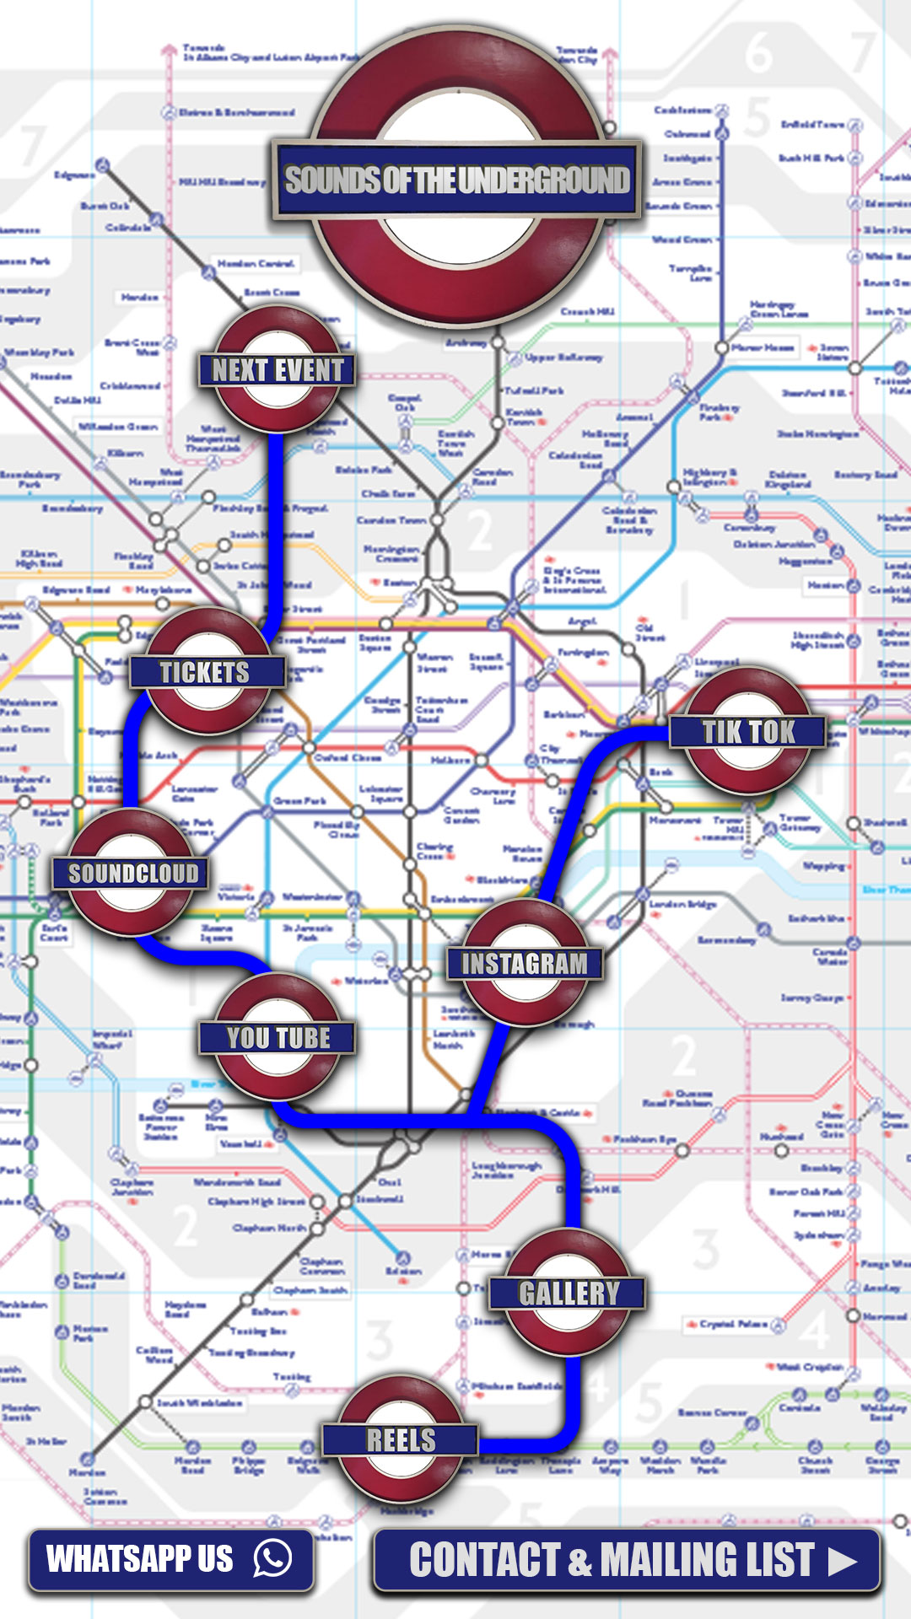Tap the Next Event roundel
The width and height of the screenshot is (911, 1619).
(x=278, y=370)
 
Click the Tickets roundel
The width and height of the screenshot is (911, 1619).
(x=206, y=672)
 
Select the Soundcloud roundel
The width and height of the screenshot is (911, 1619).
(x=132, y=874)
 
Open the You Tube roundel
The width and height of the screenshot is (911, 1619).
(x=278, y=1037)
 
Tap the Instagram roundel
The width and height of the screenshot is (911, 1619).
(x=524, y=963)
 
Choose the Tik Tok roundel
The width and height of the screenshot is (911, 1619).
(x=748, y=731)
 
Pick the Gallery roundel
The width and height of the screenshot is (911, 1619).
(x=569, y=1293)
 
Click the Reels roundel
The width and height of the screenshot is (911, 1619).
(x=401, y=1439)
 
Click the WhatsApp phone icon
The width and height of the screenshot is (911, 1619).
(x=272, y=1558)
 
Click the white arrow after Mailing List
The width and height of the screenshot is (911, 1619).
(x=842, y=1561)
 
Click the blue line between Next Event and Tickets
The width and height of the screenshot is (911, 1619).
(x=275, y=523)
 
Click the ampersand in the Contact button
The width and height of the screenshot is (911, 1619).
(x=579, y=1562)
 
